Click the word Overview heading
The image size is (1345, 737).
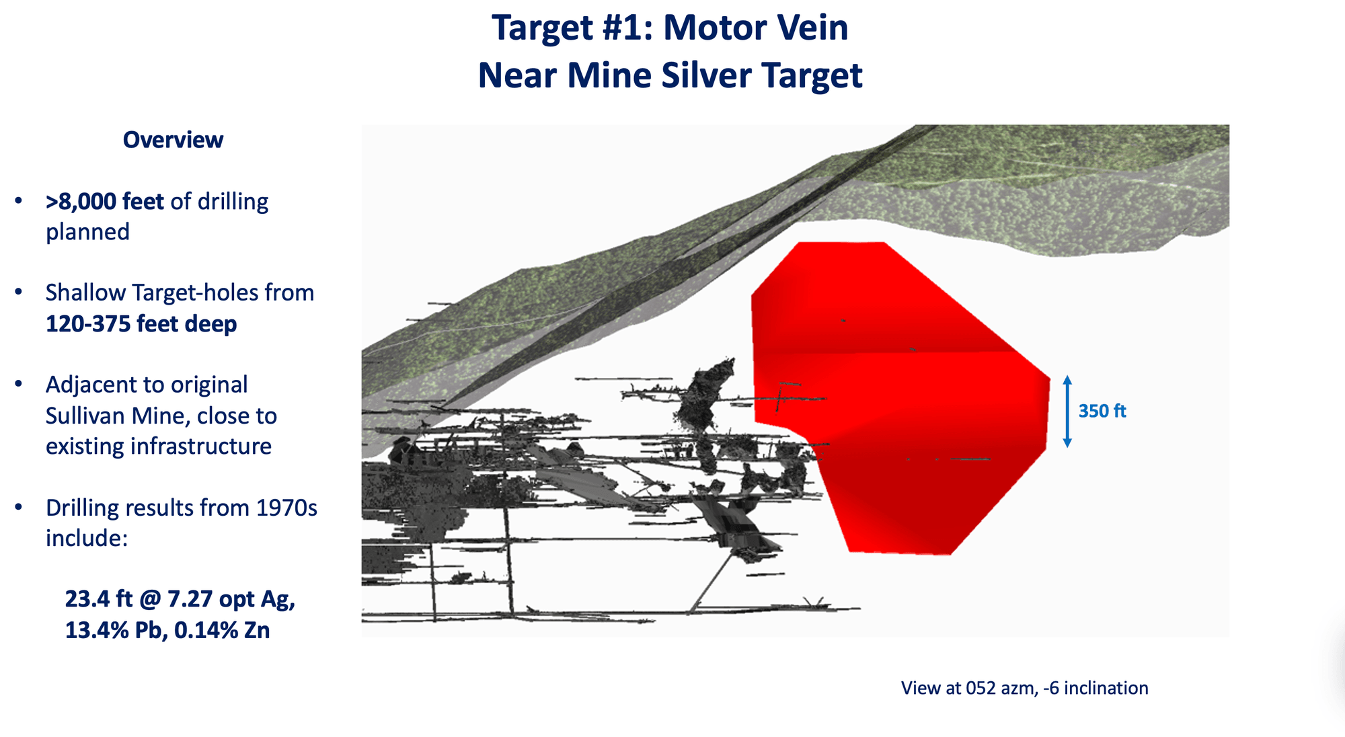tap(173, 140)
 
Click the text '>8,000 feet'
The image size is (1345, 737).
tap(105, 201)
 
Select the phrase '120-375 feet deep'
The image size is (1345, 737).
tap(141, 323)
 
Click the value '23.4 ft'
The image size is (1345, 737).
tap(98, 598)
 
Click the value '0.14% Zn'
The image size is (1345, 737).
tap(222, 630)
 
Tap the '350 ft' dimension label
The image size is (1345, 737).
tap(1102, 411)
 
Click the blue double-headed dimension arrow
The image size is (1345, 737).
tap(1067, 412)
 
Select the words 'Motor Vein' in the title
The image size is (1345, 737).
tap(756, 28)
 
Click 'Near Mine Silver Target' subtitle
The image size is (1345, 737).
tap(670, 75)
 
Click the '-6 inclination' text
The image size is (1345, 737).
tap(1096, 688)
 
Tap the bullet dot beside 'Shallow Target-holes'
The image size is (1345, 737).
tap(19, 293)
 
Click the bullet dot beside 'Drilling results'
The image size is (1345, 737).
tap(19, 507)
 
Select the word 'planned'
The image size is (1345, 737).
tap(87, 232)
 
